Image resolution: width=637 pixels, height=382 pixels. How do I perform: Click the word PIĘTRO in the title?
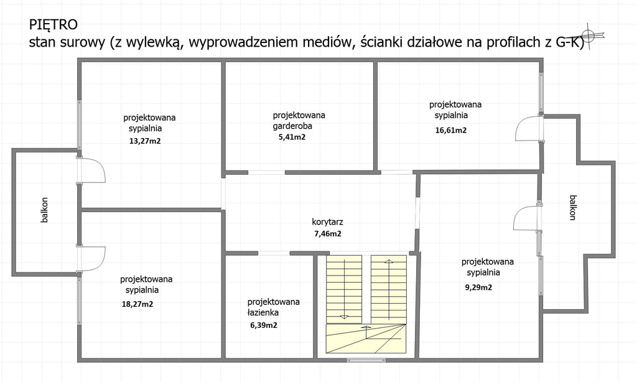[x=53, y=25]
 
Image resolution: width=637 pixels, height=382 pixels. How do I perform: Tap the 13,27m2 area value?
[x=144, y=141]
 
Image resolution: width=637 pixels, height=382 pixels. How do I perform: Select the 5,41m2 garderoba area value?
[x=292, y=137]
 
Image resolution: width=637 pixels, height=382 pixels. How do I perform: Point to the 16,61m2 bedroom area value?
[x=450, y=130]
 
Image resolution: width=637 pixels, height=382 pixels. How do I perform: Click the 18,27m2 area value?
[x=137, y=304]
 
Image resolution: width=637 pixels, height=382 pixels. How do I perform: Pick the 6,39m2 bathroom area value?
[x=264, y=325]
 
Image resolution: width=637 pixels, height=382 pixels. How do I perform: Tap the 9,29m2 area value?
[x=478, y=287]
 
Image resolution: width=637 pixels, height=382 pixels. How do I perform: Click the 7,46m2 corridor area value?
[x=327, y=234]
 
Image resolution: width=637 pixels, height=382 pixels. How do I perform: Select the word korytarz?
[x=327, y=222]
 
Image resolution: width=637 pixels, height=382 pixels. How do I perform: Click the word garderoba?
[x=292, y=126]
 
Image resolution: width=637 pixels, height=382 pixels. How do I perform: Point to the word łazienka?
[x=263, y=312]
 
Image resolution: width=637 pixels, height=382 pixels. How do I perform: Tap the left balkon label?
[x=44, y=210]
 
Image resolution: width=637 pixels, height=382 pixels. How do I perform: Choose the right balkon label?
[x=572, y=207]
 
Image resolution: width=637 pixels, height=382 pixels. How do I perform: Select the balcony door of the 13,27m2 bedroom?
[x=91, y=170]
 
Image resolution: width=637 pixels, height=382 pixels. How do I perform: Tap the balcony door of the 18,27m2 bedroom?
[x=91, y=259]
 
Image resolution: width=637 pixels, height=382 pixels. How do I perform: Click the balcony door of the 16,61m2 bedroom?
[x=529, y=128]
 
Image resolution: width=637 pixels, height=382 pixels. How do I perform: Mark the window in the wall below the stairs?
[x=361, y=360]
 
